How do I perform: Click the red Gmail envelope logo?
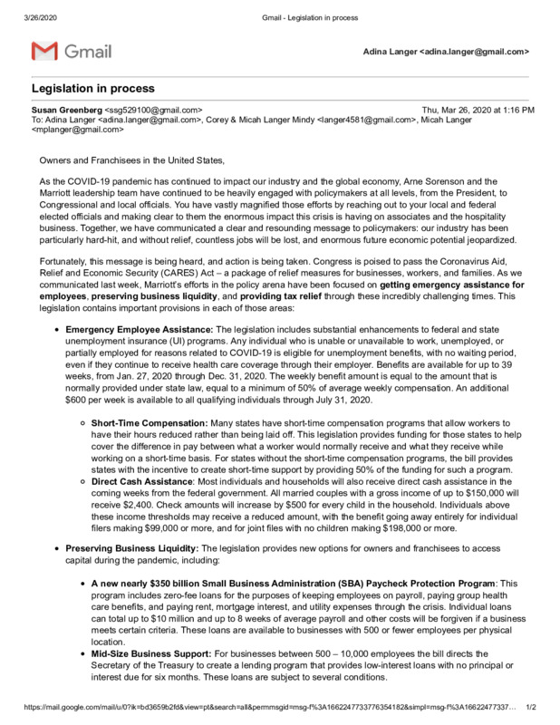click(44, 52)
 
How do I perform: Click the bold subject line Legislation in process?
click(93, 89)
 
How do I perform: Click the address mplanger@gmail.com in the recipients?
click(79, 130)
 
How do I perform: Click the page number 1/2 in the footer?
click(531, 707)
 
